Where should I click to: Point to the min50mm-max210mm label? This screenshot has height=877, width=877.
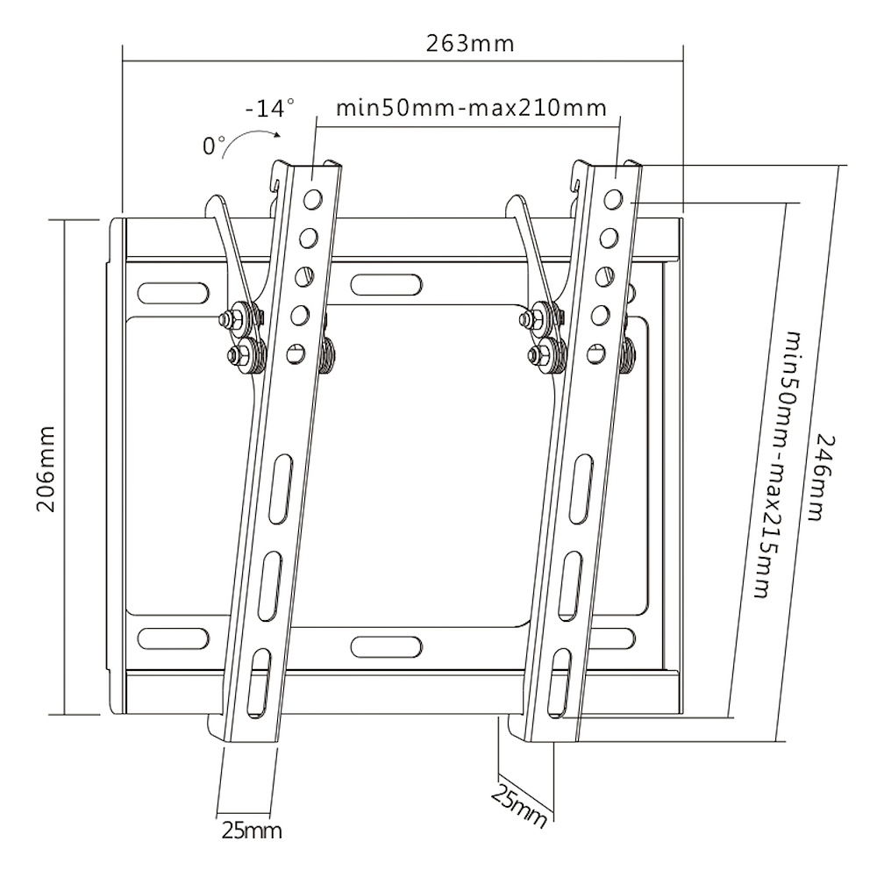(472, 109)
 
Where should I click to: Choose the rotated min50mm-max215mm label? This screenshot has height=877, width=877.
(774, 464)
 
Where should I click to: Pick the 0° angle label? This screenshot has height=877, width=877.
(214, 146)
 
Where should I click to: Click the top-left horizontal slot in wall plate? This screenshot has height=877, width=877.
(173, 290)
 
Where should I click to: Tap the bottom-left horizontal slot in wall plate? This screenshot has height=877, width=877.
(173, 636)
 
